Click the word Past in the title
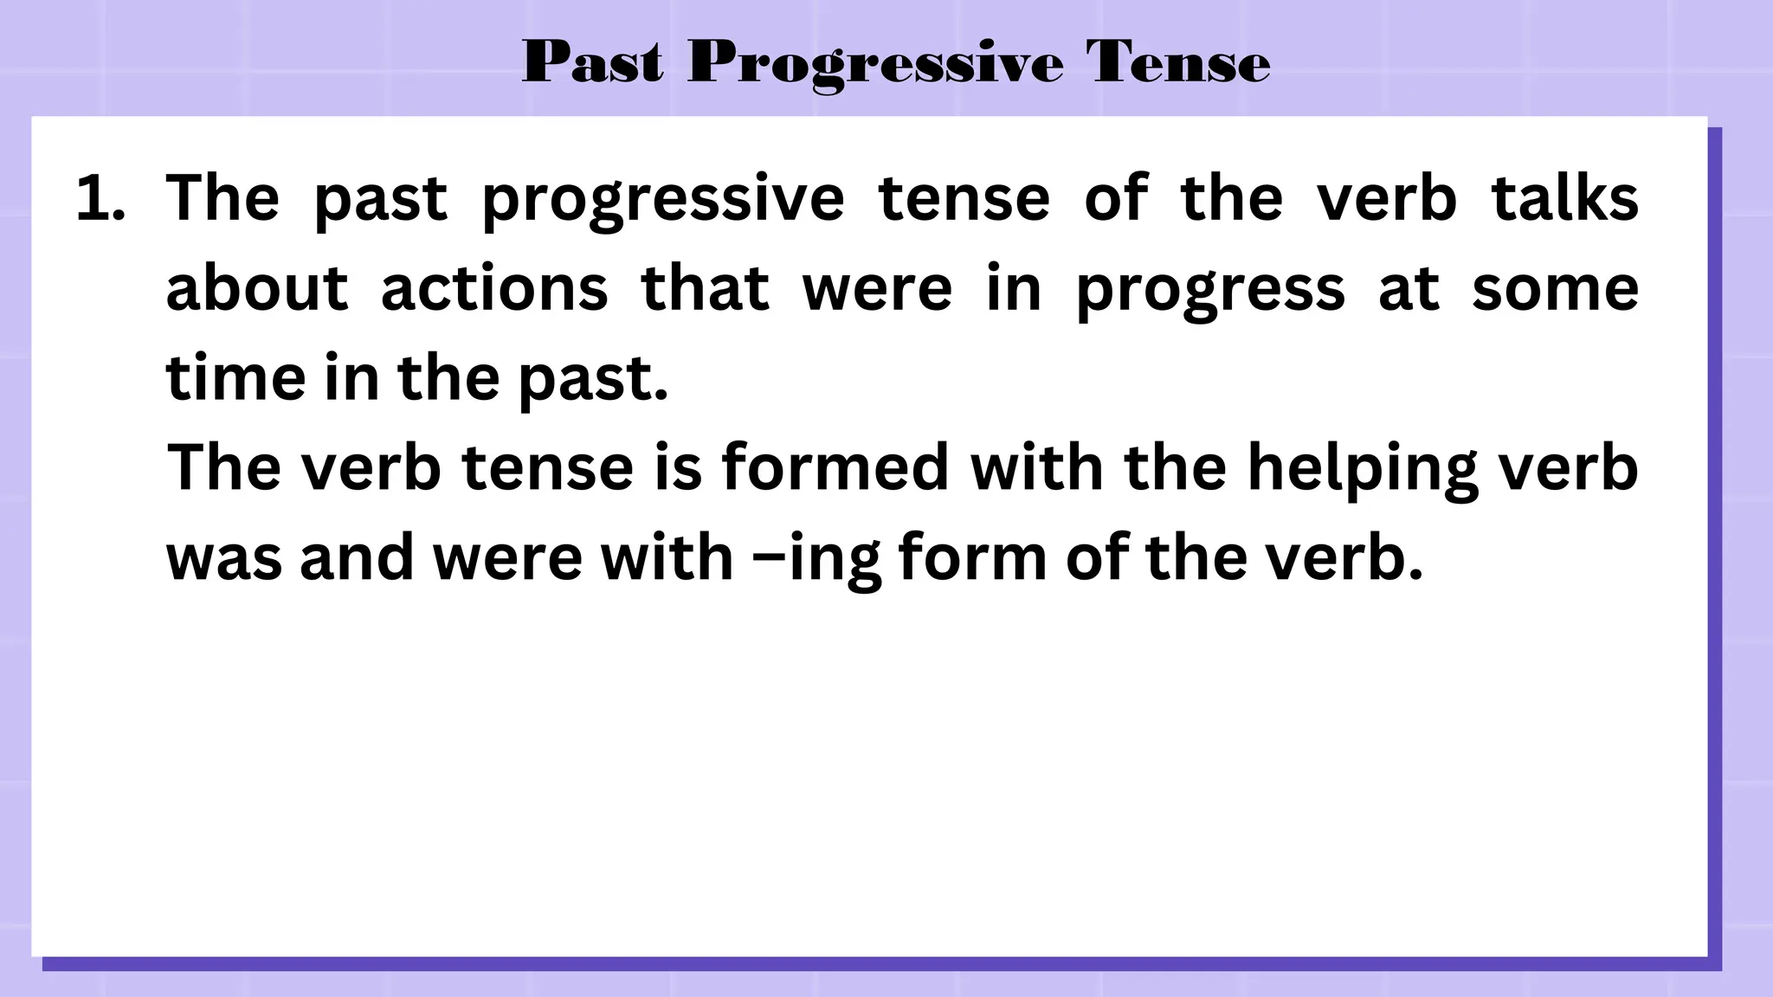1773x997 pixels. (593, 62)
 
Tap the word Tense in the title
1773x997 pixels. (1178, 62)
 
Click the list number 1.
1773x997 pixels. (100, 199)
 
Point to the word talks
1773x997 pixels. (1564, 198)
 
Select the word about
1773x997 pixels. (256, 288)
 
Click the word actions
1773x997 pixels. (494, 288)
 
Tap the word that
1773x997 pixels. (705, 288)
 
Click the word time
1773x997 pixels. (235, 378)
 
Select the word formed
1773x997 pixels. (835, 467)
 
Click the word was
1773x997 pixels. (223, 558)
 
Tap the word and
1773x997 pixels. (357, 556)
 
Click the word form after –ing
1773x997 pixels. (973, 556)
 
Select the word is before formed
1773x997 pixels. (677, 467)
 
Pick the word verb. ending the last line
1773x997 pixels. (1344, 556)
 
